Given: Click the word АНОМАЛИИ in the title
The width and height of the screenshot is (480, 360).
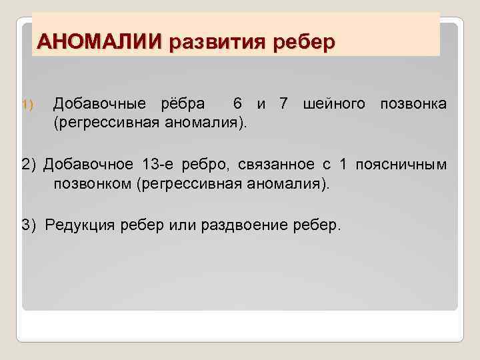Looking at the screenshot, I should (99, 41).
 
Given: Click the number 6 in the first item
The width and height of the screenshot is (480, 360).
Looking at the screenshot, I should (237, 104).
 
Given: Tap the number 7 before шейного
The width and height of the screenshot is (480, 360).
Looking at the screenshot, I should (284, 104).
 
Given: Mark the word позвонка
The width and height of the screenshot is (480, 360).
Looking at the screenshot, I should (413, 104).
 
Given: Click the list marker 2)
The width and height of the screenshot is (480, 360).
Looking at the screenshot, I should (29, 165).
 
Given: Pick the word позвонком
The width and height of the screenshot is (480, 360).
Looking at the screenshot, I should (93, 183).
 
